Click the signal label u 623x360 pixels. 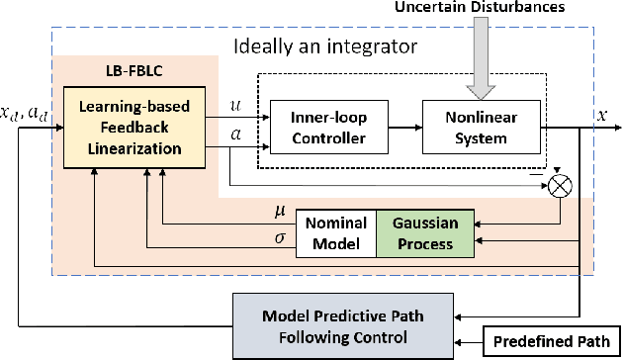[x=234, y=102]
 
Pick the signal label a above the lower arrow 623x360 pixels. [x=234, y=132]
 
